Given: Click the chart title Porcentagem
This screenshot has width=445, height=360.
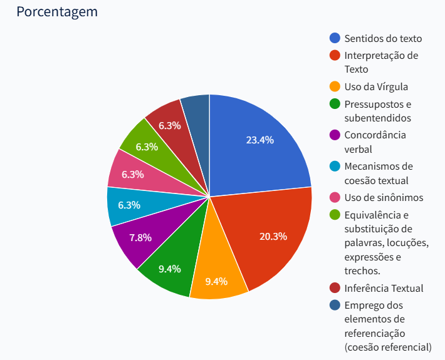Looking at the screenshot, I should click(x=57, y=12).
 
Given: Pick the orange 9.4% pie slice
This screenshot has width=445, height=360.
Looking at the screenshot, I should click(x=217, y=275).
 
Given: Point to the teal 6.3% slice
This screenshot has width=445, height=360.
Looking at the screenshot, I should click(x=128, y=205).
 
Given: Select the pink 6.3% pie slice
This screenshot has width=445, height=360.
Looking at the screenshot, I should click(x=132, y=173).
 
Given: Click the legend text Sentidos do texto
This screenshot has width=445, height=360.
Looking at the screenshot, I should click(x=383, y=38).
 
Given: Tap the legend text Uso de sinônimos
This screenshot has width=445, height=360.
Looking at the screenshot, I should click(x=384, y=198).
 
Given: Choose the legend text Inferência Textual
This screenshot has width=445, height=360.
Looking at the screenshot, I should click(x=384, y=288).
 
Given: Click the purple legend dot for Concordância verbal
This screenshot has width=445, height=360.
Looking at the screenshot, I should click(x=335, y=135).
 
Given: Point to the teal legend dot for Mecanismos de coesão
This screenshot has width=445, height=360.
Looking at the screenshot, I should click(x=335, y=167).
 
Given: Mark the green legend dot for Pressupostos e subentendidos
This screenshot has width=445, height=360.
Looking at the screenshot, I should click(x=335, y=104).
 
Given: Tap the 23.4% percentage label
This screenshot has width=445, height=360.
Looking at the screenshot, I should click(x=259, y=140).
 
